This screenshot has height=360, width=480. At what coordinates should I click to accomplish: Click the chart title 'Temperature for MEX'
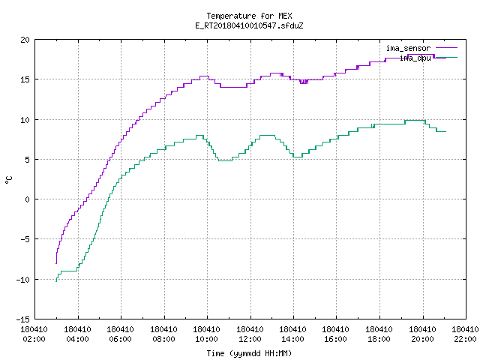[x=249, y=16]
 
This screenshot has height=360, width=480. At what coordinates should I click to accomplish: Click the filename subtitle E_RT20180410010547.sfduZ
[x=249, y=25]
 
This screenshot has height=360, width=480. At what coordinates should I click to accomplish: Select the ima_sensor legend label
[x=408, y=48]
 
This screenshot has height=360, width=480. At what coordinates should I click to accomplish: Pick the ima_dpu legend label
[x=415, y=58]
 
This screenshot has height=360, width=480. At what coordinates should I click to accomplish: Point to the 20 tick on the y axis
[x=25, y=40]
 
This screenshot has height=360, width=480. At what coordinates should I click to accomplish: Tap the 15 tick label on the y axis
[x=25, y=79]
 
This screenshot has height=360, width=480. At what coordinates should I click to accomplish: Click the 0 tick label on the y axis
[x=27, y=199]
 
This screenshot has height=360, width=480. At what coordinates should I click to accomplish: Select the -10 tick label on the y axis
[x=23, y=280]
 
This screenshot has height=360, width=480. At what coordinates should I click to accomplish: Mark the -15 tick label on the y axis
[x=23, y=319]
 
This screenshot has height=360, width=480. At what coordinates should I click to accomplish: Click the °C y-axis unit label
[x=8, y=180]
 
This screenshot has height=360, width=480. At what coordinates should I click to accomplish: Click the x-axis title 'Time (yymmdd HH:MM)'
[x=249, y=353]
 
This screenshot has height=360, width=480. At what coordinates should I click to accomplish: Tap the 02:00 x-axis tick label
[x=34, y=339]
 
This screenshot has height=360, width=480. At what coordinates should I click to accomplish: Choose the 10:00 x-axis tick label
[x=207, y=339]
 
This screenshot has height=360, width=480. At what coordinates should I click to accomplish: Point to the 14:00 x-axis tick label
[x=293, y=339]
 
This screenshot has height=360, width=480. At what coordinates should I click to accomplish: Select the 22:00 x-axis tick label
[x=465, y=339]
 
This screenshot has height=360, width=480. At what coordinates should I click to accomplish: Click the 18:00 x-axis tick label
[x=379, y=339]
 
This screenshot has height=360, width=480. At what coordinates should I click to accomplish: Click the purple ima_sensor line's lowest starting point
[x=56, y=263]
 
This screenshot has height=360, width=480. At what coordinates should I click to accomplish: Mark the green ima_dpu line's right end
[x=446, y=132]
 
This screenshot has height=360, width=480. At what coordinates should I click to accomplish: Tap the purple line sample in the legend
[x=446, y=48]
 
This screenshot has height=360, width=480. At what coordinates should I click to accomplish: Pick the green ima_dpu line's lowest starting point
[x=56, y=281]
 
